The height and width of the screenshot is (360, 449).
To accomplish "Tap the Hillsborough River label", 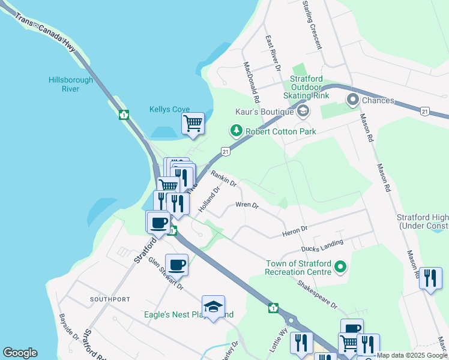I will point(71,85).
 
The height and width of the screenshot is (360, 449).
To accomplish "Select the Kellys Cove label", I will point(169,109).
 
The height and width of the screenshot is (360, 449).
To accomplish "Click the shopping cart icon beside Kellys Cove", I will point(193,124).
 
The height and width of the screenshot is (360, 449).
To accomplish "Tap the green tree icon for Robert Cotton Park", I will point(237,130).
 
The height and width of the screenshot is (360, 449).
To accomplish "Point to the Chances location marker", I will point(352,100).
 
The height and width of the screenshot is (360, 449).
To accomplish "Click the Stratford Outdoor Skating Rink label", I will point(315,87).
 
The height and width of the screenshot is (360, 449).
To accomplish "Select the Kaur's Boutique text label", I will point(264,112).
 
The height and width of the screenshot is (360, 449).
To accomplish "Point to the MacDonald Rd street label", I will point(252,82).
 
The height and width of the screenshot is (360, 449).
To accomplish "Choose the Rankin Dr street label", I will point(224,178).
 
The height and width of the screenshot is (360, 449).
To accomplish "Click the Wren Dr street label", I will point(247,205).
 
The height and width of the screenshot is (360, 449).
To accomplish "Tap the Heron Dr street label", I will point(295,229).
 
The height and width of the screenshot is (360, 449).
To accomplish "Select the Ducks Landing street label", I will point(323,245).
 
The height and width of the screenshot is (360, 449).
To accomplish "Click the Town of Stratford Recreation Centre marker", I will point(340,266).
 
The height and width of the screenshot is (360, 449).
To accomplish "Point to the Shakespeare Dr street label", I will point(317,293).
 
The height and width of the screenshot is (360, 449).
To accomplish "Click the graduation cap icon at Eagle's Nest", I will point(213,307).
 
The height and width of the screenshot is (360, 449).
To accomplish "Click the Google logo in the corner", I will point(20,353).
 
